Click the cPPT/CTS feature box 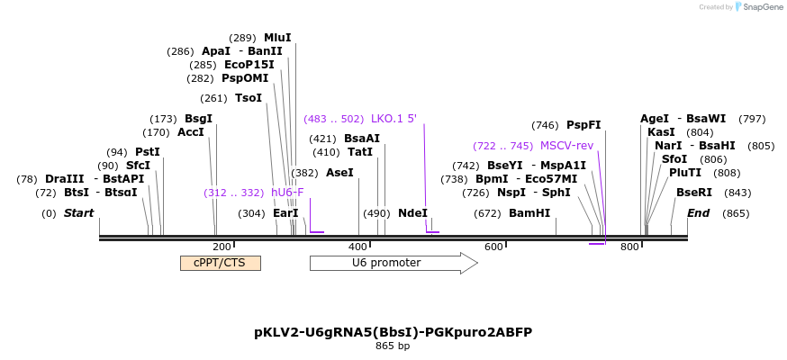tap(221, 263)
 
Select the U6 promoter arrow tap(393, 263)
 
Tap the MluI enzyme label tap(277, 38)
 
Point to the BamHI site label tap(529, 213)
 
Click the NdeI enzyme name tap(412, 213)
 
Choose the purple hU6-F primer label tap(287, 193)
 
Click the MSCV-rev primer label tap(566, 146)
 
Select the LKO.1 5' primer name tap(394, 119)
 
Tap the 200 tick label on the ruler tap(222, 247)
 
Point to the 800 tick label tap(629, 247)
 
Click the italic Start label tap(79, 213)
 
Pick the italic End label tap(698, 213)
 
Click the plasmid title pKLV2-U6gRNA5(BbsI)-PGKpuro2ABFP tap(393, 332)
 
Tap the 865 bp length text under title tap(393, 346)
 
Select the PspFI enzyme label tap(583, 125)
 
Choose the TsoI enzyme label tap(249, 98)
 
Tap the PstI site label tap(148, 152)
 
